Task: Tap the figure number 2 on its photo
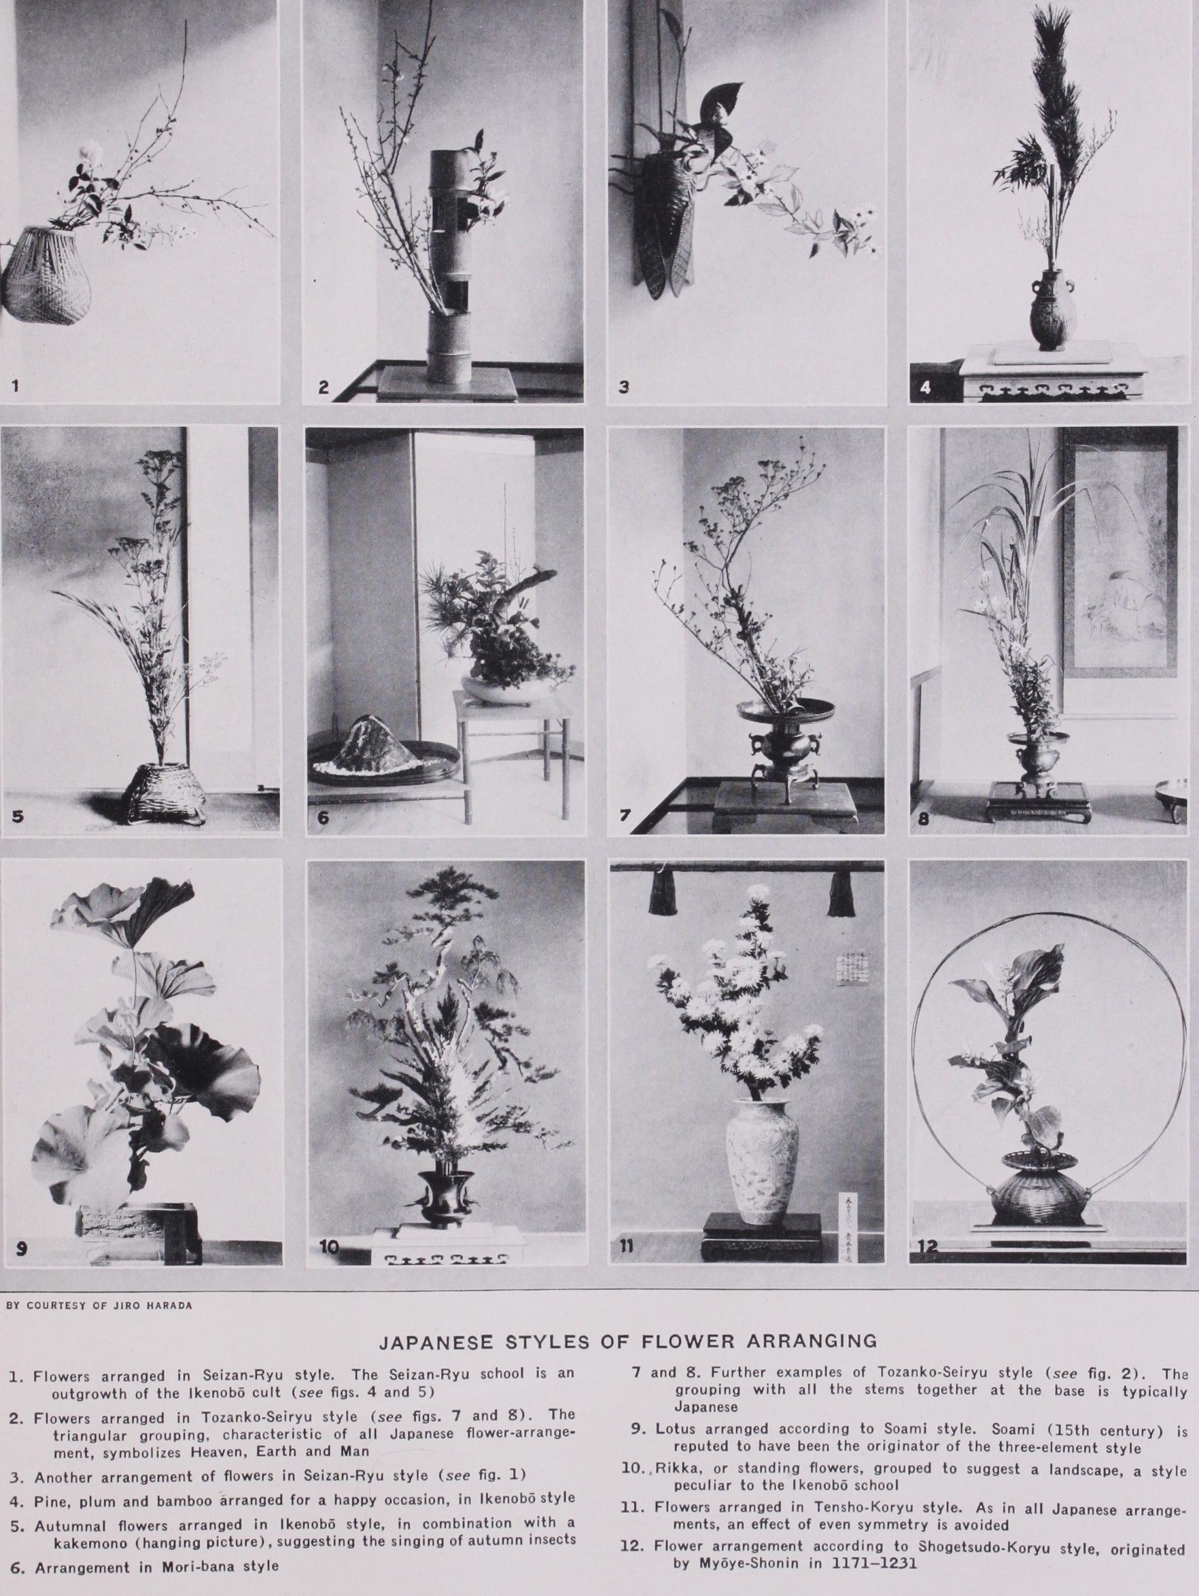(x=324, y=387)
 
